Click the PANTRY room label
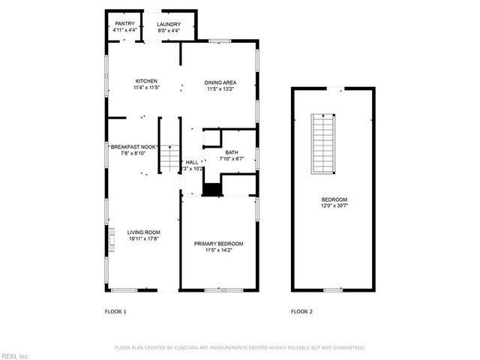124,24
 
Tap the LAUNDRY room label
169,24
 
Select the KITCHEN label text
145,81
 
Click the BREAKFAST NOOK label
133,147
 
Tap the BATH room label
232,152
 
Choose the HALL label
193,161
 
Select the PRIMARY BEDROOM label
218,244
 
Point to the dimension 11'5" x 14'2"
218,250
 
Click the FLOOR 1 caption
115,310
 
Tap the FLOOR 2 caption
301,310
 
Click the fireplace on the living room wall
111,239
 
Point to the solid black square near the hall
212,189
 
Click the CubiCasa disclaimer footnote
239,348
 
